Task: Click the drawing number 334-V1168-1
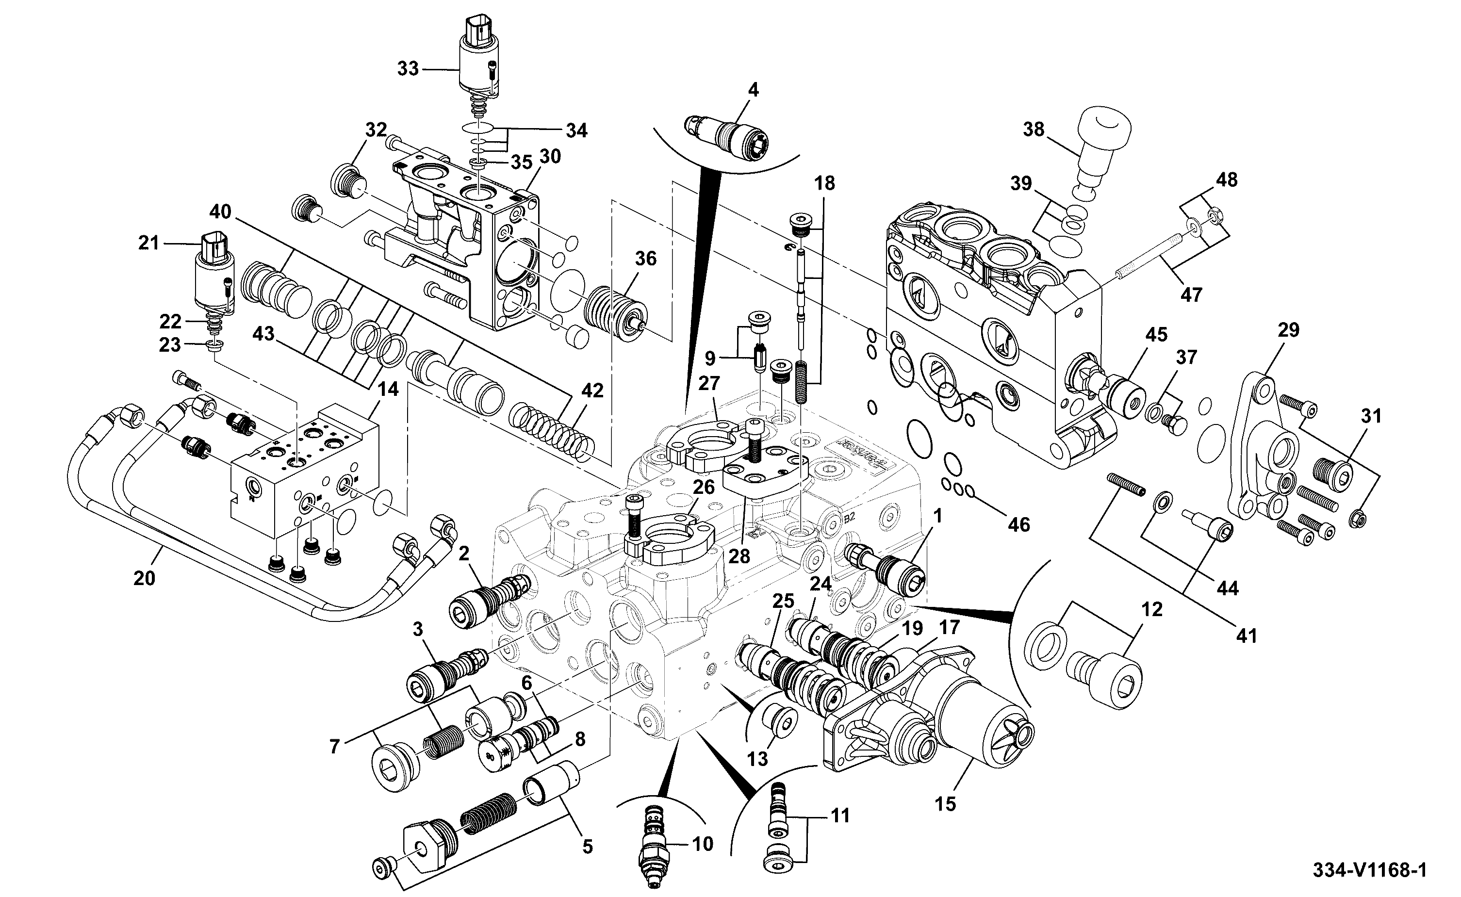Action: click(1368, 870)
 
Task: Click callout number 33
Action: click(408, 69)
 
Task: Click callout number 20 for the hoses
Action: click(144, 577)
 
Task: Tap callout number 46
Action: click(1018, 524)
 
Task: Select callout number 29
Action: click(1288, 330)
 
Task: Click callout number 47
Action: click(1191, 294)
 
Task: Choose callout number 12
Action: click(1152, 609)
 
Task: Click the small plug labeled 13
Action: click(776, 723)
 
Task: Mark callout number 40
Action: click(220, 212)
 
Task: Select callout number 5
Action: click(587, 847)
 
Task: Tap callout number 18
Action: click(824, 183)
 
